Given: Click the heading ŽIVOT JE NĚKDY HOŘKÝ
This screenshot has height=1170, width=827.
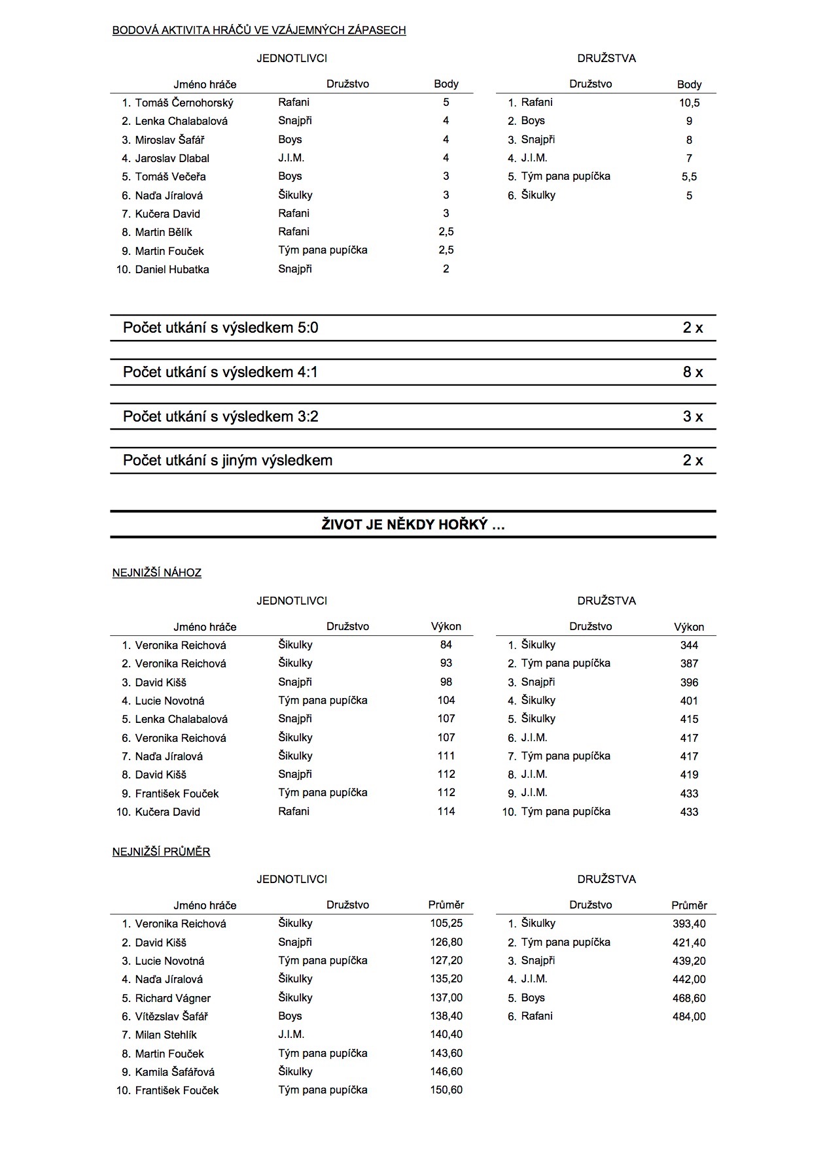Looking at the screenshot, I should [413, 524].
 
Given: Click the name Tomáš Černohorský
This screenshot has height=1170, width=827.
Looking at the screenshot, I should [184, 103].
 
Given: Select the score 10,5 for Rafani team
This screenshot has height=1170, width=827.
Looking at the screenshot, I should [689, 103].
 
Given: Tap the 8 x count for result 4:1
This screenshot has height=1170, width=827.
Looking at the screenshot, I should [692, 372].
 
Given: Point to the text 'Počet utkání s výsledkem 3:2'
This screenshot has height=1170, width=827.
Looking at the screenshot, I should [220, 416].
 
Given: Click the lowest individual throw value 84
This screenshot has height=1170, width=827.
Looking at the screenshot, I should [446, 644].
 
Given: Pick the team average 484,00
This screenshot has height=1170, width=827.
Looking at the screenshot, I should [689, 1016].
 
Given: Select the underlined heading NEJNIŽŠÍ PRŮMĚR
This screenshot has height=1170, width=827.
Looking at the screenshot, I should [161, 852].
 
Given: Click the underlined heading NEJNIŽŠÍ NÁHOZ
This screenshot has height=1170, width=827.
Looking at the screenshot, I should [157, 573].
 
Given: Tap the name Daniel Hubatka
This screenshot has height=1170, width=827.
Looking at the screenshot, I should [172, 269].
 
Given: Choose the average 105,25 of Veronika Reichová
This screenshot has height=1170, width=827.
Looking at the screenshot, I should [446, 924].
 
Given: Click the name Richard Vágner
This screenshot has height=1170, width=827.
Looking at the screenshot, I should [173, 998].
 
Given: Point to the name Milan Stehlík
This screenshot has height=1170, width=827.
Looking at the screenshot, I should [166, 1035].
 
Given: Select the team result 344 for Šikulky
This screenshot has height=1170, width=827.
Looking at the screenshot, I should [689, 645].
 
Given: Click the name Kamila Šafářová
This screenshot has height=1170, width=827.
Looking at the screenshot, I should [175, 1072].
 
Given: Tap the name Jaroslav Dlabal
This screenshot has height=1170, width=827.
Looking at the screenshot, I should [172, 158].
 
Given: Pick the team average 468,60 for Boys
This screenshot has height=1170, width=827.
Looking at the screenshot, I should [689, 998].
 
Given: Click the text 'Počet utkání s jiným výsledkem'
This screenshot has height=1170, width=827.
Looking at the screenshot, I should [228, 460].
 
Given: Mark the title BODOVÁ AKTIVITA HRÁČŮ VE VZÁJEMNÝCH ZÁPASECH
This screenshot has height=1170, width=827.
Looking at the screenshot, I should [259, 30].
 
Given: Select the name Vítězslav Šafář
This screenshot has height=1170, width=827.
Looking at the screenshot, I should [171, 1016].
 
